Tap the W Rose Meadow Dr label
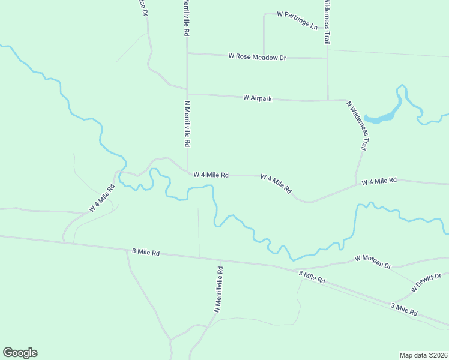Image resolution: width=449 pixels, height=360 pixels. tap(257, 56)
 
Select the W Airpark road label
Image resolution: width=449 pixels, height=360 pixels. tap(257, 97)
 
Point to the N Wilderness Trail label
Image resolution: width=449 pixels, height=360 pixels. tap(357, 125)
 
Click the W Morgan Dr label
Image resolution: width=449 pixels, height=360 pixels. tap(372, 261)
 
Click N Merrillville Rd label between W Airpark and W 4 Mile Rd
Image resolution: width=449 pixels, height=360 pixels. tap(187, 124)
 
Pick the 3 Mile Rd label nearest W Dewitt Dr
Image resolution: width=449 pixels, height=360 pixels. tap(404, 310)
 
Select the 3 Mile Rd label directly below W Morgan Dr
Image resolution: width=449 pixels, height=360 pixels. tap(312, 277)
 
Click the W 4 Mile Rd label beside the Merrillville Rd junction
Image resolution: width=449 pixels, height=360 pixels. tap(211, 175)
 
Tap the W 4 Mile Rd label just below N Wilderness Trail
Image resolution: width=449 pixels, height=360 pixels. tap(379, 180)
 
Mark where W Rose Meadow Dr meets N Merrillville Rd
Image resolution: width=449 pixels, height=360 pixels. tap(187, 53)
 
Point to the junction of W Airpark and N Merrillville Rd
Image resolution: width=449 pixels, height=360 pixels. tap(187, 94)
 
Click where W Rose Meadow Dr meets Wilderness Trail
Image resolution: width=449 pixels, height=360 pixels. tap(327, 58)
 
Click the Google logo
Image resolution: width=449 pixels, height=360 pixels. tap(20, 353)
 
